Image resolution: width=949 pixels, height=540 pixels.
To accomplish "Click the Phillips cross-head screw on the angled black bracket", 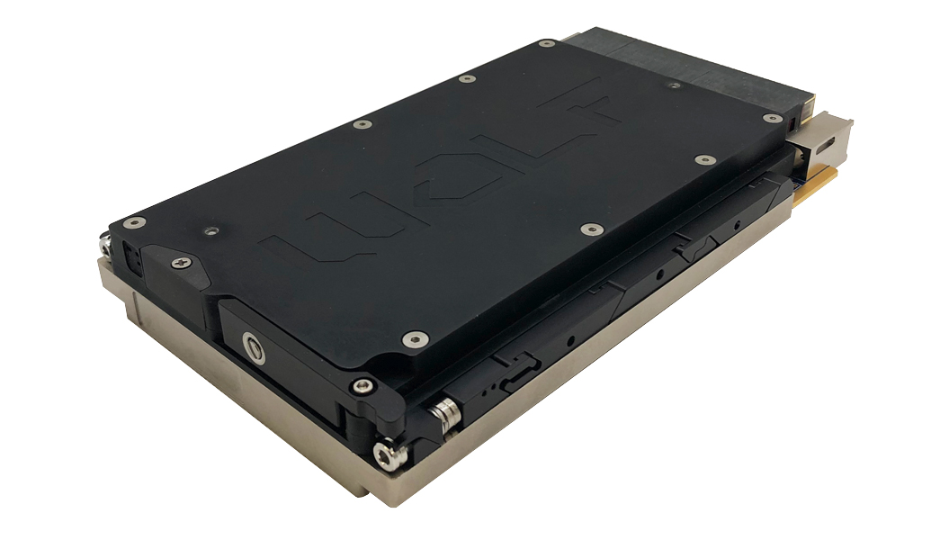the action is [x=182, y=262].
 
